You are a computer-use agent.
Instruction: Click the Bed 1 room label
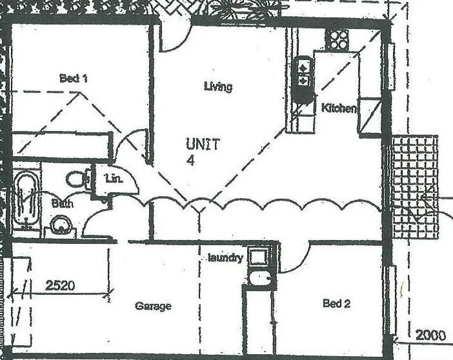pos(73,79)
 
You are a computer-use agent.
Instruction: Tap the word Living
pos(217,86)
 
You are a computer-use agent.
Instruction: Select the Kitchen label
pos(338,108)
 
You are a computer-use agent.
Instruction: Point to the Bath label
pos(63,203)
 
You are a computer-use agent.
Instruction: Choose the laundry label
pos(225,258)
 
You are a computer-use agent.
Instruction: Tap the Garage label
pos(153,306)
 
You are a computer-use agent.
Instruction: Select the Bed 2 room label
pos(336,303)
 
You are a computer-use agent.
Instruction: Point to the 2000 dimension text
pos(429,335)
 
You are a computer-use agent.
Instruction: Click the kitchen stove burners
pos(337,41)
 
